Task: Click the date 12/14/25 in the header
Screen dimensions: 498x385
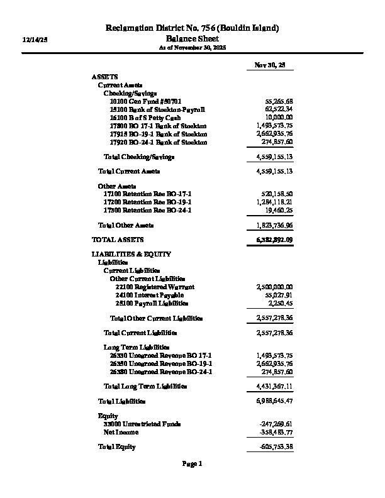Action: pyautogui.click(x=35, y=39)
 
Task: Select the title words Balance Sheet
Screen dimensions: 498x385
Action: pyautogui.click(x=192, y=38)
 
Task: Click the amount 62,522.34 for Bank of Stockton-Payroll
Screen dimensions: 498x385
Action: pyautogui.click(x=278, y=109)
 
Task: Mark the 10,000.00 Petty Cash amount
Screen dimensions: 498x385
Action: pyautogui.click(x=279, y=118)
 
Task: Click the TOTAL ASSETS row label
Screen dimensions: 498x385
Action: pyautogui.click(x=118, y=240)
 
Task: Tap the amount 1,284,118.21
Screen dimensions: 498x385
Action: pyautogui.click(x=275, y=202)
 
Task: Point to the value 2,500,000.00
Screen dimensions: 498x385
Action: pyautogui.click(x=275, y=287)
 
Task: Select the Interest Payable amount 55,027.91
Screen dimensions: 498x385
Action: pyautogui.click(x=279, y=295)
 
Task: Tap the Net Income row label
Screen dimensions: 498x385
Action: pyautogui.click(x=121, y=433)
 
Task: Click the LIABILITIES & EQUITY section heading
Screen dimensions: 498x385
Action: pyautogui.click(x=131, y=254)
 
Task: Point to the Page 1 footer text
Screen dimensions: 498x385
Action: pyautogui.click(x=192, y=464)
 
